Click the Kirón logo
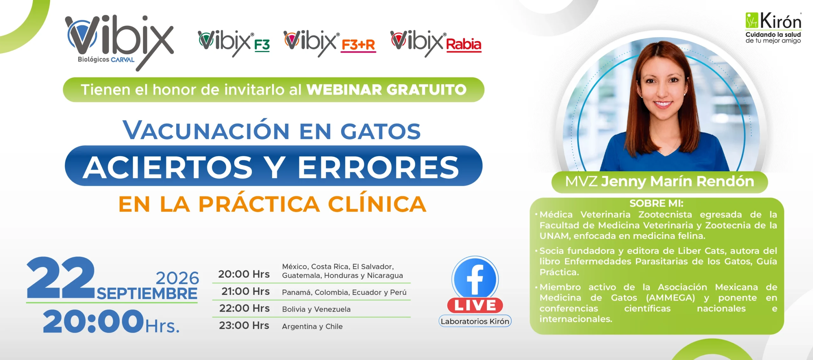773,28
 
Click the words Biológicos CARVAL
106,59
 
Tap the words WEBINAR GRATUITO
386,90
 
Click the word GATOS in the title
380,131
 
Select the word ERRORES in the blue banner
378,167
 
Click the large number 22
61,277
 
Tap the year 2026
177,278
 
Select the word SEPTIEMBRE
147,294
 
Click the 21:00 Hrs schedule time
245,291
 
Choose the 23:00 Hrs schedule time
244,325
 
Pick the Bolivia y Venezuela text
316,309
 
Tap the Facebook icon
475,279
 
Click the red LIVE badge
475,306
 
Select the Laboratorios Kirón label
475,321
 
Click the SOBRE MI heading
656,203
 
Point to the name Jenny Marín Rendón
678,181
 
